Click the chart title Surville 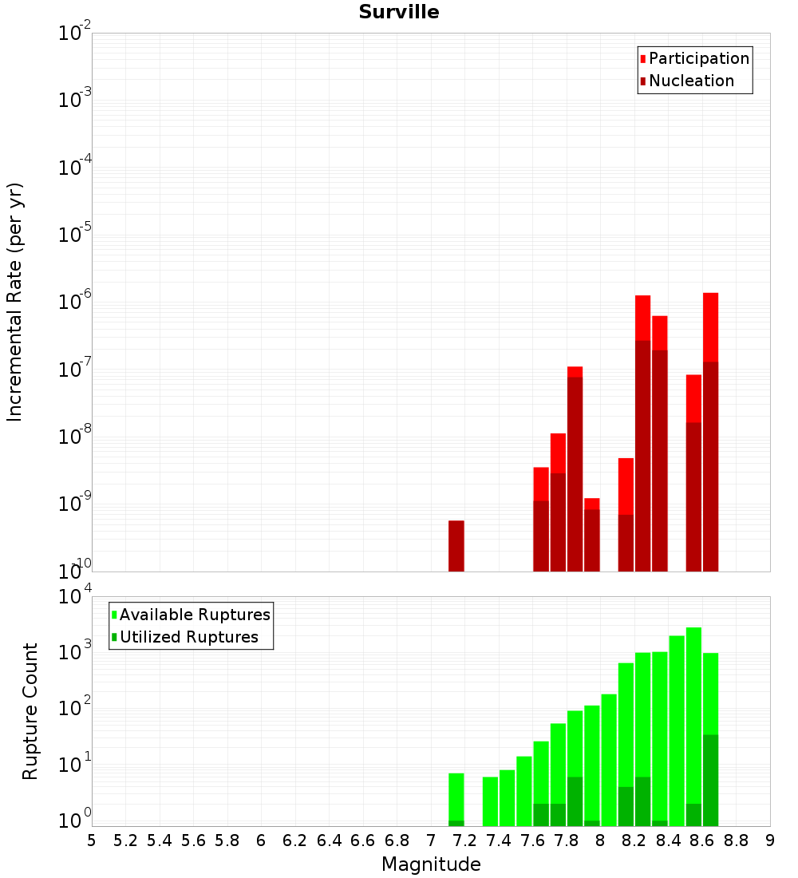[x=398, y=13]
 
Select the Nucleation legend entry [x=690, y=81]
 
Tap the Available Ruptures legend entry [x=194, y=615]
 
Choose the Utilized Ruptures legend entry [x=188, y=638]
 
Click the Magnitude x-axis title [x=431, y=864]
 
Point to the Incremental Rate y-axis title [x=15, y=303]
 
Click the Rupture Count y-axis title [x=30, y=711]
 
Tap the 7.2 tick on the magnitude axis [x=464, y=840]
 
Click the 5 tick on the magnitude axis [x=92, y=840]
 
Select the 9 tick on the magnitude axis [x=770, y=840]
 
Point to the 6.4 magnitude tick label [x=329, y=840]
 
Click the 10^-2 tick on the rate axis [x=75, y=34]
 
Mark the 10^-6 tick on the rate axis [x=75, y=303]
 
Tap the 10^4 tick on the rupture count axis [x=75, y=596]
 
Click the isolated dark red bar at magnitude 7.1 [x=456, y=546]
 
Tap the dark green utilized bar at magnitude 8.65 [x=711, y=780]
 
